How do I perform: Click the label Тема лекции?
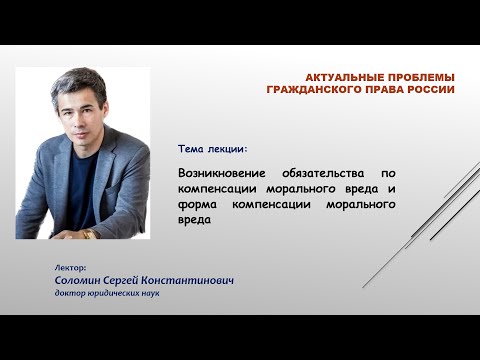tap(212, 148)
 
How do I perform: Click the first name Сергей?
tap(135, 281)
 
